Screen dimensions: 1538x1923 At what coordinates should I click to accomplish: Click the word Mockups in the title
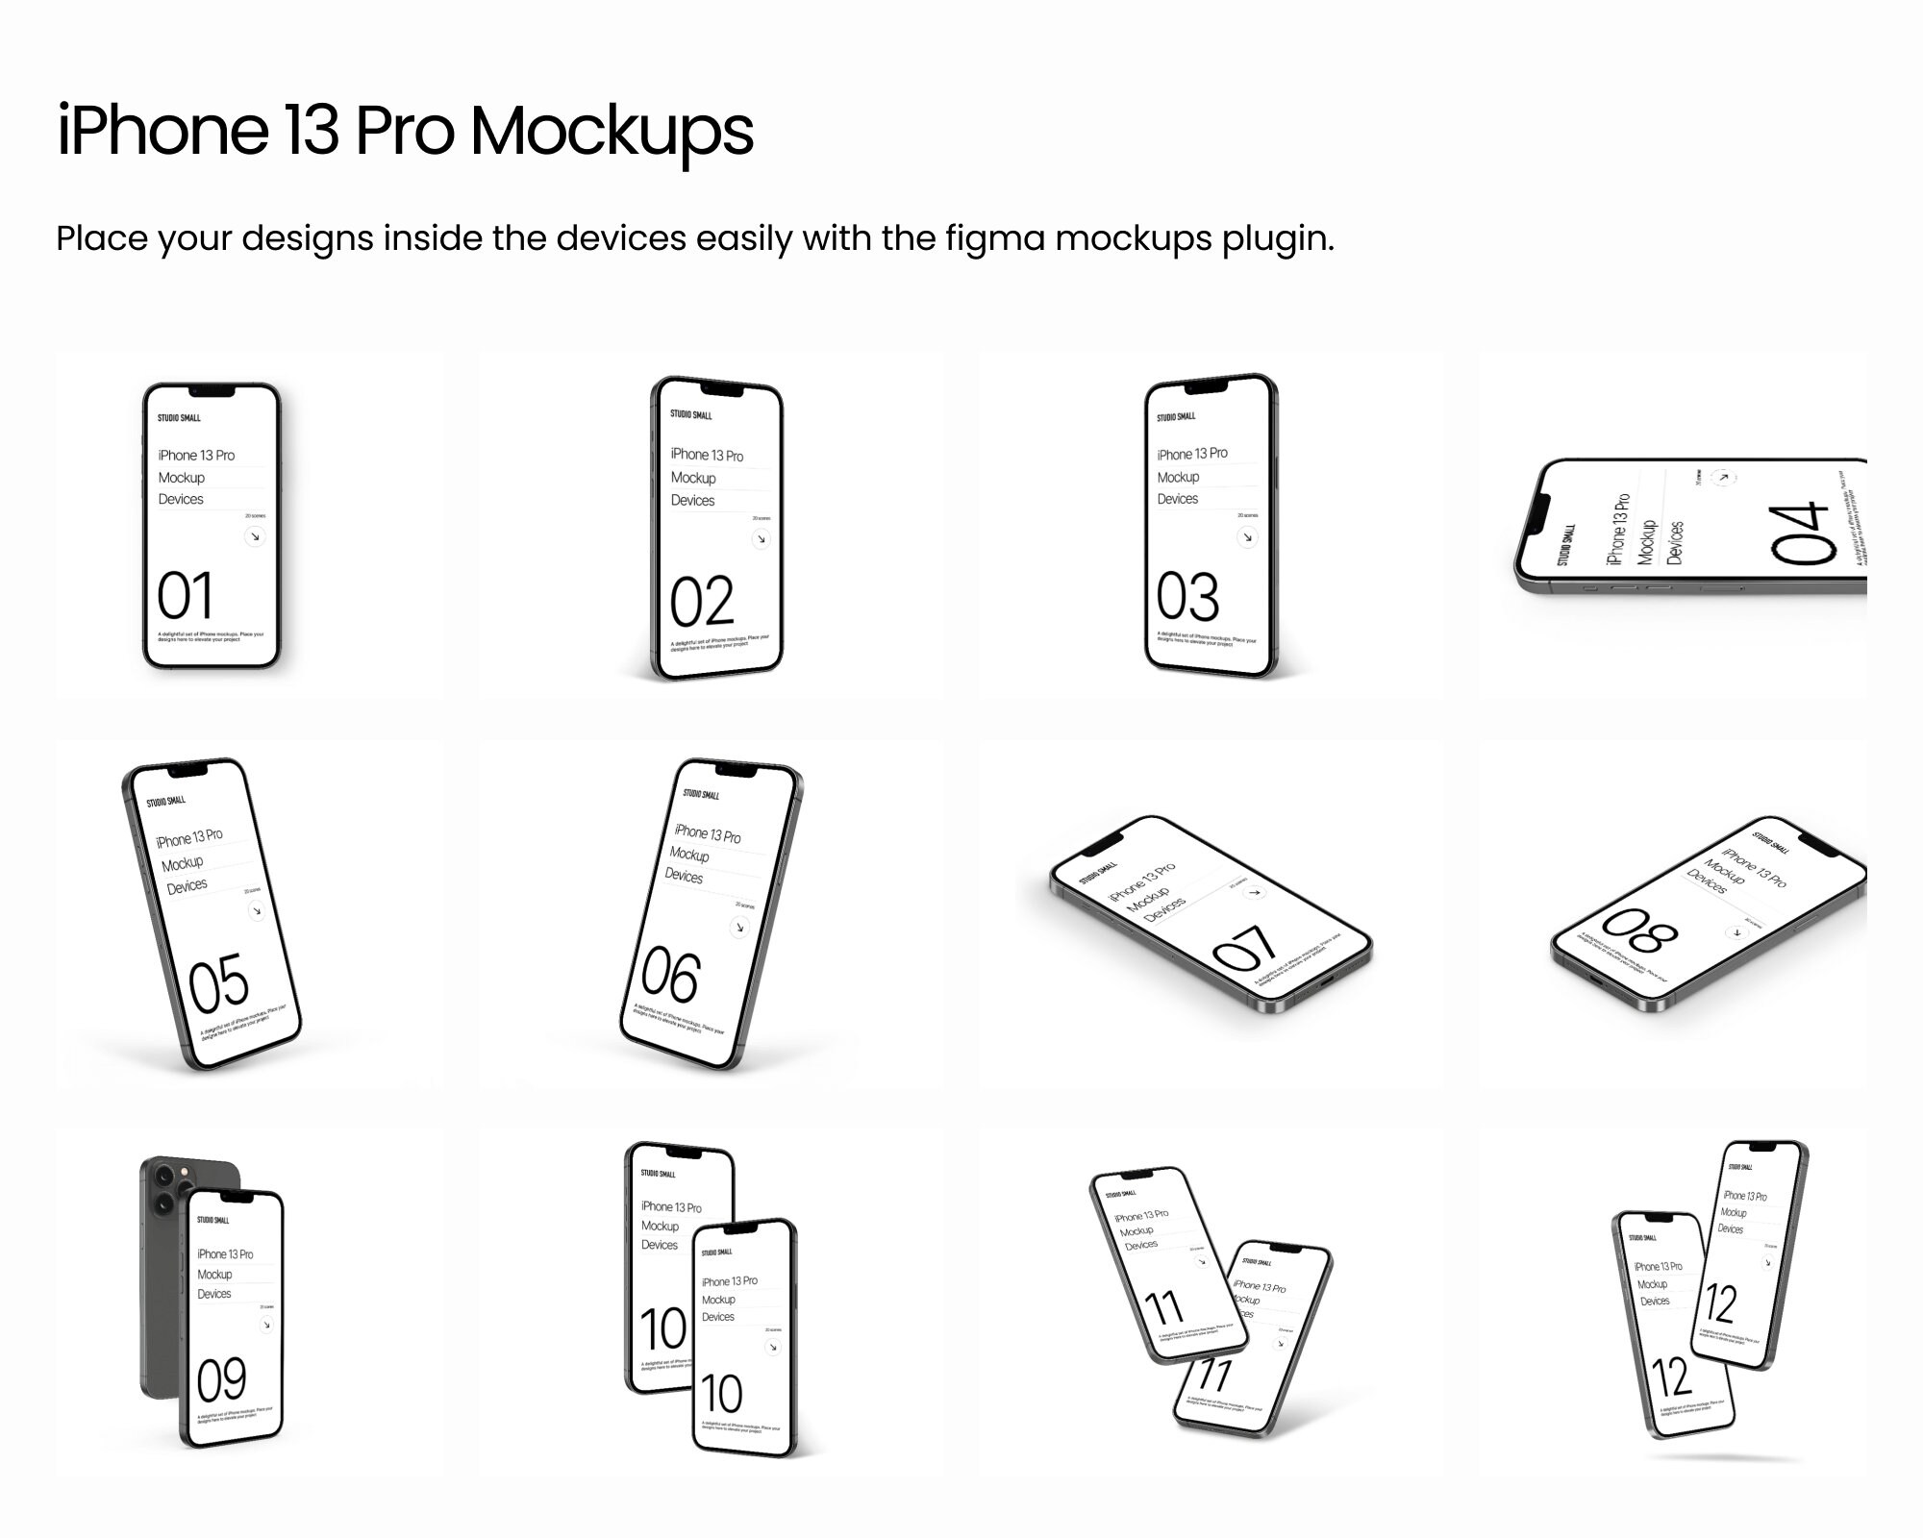(x=612, y=131)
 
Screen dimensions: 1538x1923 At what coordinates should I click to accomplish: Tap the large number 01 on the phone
(x=185, y=595)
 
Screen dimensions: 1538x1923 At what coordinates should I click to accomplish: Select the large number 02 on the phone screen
(x=702, y=602)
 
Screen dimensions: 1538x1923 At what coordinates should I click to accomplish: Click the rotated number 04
(x=1800, y=533)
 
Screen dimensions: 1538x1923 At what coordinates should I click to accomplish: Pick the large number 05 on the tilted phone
(x=219, y=982)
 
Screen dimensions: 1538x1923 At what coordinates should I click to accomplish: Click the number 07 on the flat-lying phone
(x=1245, y=948)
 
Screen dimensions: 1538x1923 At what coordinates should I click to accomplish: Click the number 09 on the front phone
(x=221, y=1380)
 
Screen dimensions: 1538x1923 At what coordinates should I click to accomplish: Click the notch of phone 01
(x=212, y=391)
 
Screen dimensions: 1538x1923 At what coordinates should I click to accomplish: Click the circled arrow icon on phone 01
(x=255, y=536)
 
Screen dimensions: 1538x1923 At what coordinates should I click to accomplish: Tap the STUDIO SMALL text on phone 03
(x=1176, y=417)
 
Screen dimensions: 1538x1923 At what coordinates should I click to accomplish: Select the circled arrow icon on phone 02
(x=761, y=538)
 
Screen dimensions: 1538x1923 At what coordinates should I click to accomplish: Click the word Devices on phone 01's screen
(x=181, y=499)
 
